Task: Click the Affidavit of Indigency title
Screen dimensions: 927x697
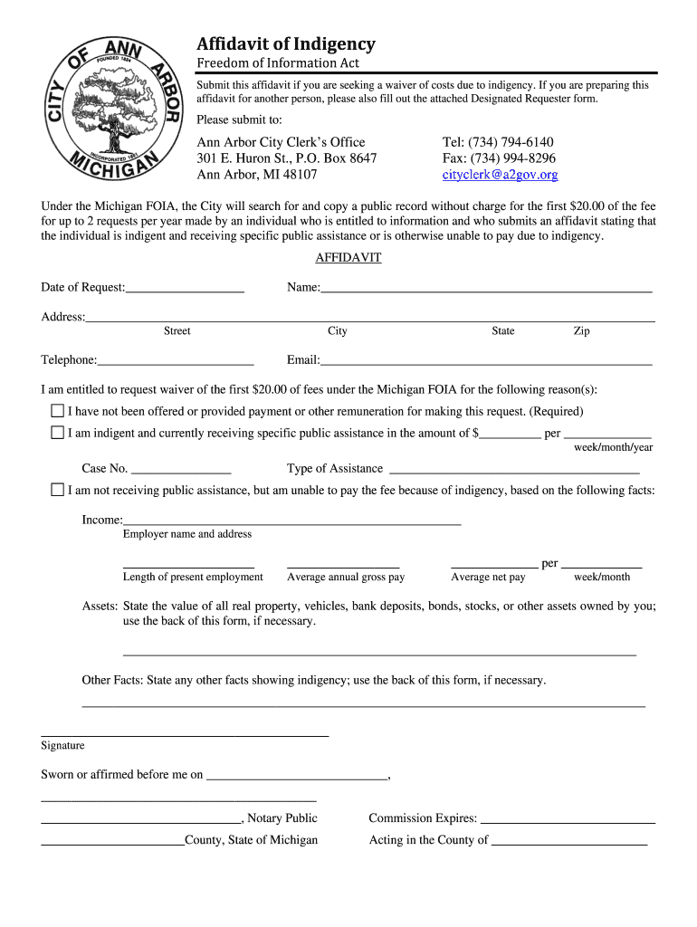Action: click(x=286, y=44)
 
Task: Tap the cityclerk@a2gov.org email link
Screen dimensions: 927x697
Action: click(x=500, y=175)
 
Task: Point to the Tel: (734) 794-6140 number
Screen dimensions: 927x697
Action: click(x=497, y=142)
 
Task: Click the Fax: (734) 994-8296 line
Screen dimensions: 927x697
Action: click(x=499, y=158)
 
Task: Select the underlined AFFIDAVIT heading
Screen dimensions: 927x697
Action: click(x=348, y=258)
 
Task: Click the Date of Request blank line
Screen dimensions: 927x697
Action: click(x=185, y=289)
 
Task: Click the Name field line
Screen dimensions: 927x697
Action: click(x=486, y=289)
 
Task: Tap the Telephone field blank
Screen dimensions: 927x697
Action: click(x=176, y=361)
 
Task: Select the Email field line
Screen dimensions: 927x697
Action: click(x=486, y=361)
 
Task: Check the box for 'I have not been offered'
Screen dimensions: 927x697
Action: click(x=58, y=411)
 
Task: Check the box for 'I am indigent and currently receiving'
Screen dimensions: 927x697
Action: click(x=58, y=433)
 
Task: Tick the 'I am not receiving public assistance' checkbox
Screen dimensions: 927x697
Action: click(x=58, y=490)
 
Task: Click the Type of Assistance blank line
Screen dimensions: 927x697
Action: click(x=513, y=470)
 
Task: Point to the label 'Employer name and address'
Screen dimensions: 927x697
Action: click(x=187, y=534)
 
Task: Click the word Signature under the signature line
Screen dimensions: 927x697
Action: click(x=62, y=746)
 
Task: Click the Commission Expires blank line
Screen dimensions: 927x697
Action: click(x=568, y=819)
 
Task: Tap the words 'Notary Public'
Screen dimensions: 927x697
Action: click(x=282, y=818)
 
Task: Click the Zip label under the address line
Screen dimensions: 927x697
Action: click(x=581, y=331)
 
